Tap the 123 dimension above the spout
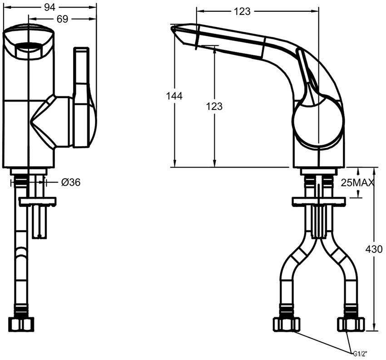[x=242, y=12]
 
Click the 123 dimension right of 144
[x=214, y=106]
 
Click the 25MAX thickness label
[x=357, y=183]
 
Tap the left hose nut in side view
[x=286, y=324]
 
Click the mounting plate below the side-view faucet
[x=318, y=202]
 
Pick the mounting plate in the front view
[x=37, y=201]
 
